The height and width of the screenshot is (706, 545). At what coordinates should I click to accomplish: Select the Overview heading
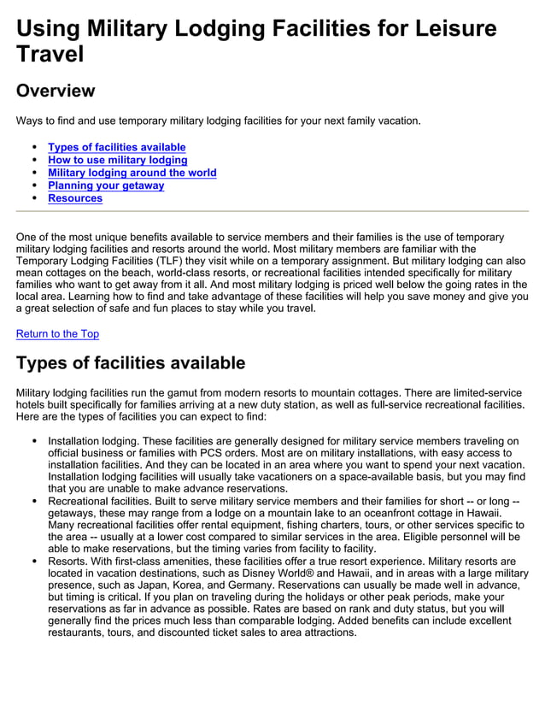pos(56,91)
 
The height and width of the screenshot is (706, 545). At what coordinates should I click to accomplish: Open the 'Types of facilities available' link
pos(116,147)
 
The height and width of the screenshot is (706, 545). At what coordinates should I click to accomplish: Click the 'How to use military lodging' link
pos(117,160)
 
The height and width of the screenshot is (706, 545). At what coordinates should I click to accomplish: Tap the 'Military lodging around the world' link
pos(132,173)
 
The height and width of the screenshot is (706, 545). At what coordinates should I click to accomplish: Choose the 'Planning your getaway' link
pos(106,185)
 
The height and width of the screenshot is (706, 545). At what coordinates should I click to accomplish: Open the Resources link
pos(75,198)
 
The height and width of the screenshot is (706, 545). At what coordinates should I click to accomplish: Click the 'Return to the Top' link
pos(57,333)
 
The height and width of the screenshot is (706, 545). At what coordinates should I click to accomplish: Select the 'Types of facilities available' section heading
pos(131,362)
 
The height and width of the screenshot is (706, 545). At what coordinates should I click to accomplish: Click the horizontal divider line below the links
pos(272,211)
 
